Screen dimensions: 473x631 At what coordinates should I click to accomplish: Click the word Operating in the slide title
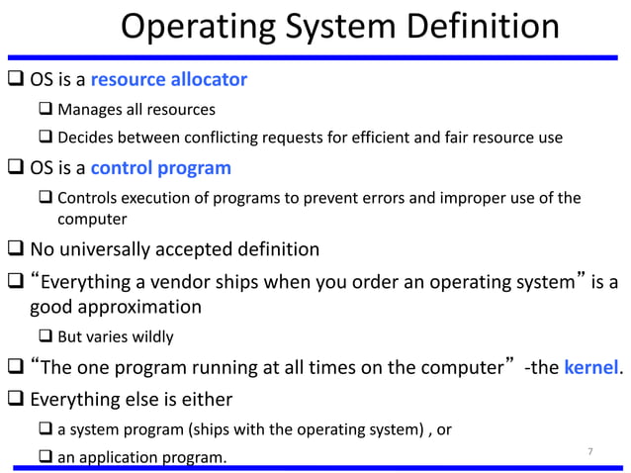[x=185, y=27]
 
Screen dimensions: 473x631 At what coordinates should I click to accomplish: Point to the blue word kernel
[x=589, y=369]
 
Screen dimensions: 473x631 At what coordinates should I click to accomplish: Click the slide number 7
[x=590, y=452]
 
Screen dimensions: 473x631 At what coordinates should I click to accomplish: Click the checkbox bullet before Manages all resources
[x=46, y=109]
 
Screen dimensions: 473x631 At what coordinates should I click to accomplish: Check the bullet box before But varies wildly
[x=46, y=336]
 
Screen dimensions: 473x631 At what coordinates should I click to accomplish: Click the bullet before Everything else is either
[x=14, y=400]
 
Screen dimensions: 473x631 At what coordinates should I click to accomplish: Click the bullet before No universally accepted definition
[x=14, y=248]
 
